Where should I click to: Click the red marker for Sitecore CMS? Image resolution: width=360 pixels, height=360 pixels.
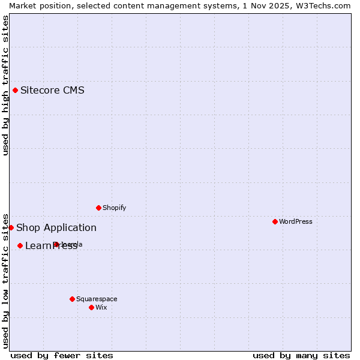click(x=16, y=91)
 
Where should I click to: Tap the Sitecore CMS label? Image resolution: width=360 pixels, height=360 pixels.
click(x=52, y=91)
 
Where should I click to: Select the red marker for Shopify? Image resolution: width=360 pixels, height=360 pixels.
click(x=98, y=208)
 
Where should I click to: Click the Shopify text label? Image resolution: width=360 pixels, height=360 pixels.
click(x=114, y=208)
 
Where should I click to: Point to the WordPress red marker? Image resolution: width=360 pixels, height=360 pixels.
click(x=275, y=221)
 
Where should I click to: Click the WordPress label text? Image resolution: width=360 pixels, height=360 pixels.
click(x=295, y=221)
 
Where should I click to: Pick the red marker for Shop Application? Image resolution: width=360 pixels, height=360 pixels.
click(x=11, y=227)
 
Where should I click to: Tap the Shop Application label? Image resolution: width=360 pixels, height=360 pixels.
click(x=56, y=227)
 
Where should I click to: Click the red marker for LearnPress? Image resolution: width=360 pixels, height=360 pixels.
click(x=20, y=245)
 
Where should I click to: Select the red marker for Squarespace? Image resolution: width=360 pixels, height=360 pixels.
click(x=72, y=299)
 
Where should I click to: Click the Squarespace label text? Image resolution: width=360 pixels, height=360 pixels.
click(x=97, y=299)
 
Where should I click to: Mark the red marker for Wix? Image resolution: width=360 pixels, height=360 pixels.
click(x=91, y=307)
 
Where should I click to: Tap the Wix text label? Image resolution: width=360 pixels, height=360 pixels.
click(x=101, y=307)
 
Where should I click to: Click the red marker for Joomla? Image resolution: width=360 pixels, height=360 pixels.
click(x=56, y=244)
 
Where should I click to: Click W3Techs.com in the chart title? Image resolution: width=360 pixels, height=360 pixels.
click(x=325, y=5)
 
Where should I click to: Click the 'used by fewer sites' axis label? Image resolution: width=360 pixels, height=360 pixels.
click(x=62, y=355)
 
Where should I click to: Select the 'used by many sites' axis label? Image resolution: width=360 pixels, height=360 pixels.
click(x=301, y=355)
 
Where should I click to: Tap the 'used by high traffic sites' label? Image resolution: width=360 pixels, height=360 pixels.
click(x=5, y=85)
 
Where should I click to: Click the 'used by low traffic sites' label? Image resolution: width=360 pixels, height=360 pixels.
click(x=5, y=281)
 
